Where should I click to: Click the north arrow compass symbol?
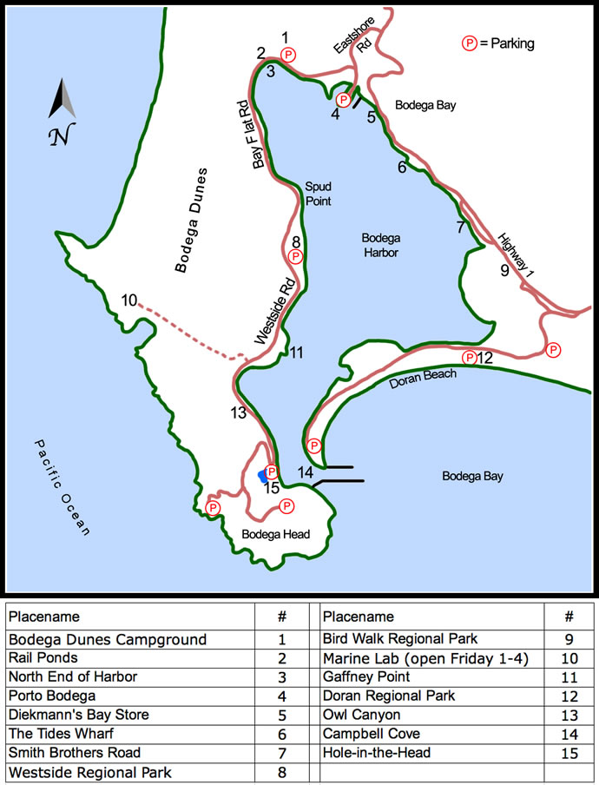[x=60, y=108]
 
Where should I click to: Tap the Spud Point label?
[x=318, y=193]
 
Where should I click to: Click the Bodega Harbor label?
[x=380, y=245]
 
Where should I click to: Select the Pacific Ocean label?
[x=63, y=486]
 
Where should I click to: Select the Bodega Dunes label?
[x=192, y=220]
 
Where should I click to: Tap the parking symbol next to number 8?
[x=296, y=257]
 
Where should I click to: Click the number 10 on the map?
[x=129, y=300]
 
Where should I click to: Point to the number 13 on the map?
[x=239, y=413]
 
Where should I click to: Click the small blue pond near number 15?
[x=262, y=477]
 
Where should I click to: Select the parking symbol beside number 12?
[x=469, y=357]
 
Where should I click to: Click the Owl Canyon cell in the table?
[x=362, y=715]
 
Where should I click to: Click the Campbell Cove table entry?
[x=371, y=734]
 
